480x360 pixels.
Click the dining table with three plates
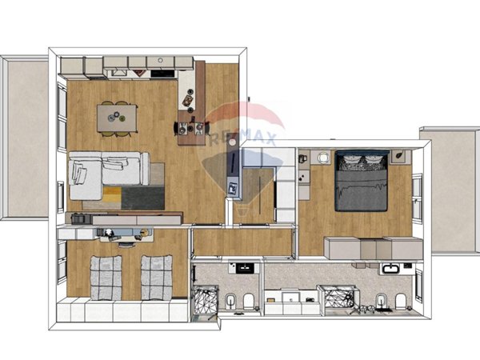[x=117, y=118]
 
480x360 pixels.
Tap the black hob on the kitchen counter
[x=162, y=74]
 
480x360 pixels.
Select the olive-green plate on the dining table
[x=122, y=118]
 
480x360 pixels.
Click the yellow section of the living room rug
[x=112, y=194]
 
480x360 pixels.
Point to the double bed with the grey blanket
[x=362, y=181]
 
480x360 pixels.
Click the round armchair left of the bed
[x=323, y=158]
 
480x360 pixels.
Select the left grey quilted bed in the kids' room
[x=106, y=278]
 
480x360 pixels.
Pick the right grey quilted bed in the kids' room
[x=157, y=278]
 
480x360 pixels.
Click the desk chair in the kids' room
[x=126, y=245]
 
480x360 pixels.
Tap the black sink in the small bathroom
[x=245, y=268]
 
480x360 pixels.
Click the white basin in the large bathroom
[x=391, y=269]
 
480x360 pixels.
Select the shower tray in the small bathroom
[x=205, y=299]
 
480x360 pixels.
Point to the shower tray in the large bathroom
[x=339, y=297]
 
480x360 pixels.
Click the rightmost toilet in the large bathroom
[x=401, y=302]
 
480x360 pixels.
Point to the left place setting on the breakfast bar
[x=183, y=128]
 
